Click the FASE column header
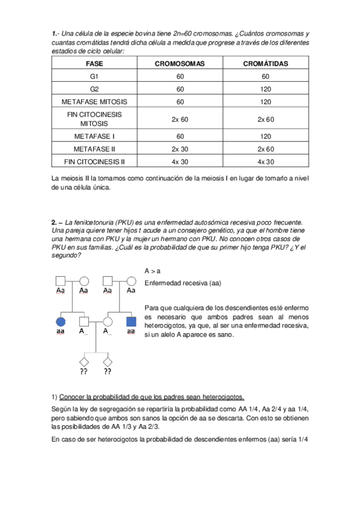tap(94, 63)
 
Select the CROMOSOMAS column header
tap(180, 63)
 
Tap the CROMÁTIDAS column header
tap(266, 63)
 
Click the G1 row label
tap(94, 76)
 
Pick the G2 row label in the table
tap(94, 89)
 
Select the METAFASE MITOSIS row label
tap(94, 102)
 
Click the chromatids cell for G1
tap(266, 76)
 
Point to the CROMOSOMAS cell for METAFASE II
tap(180, 149)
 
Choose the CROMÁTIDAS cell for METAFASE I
tap(266, 136)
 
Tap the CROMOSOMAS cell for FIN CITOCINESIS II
tap(180, 162)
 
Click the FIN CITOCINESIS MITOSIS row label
tap(94, 118)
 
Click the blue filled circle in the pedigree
tap(60, 320)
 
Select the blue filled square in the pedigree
tap(131, 320)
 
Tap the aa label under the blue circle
tap(60, 331)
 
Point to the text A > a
tap(153, 271)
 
